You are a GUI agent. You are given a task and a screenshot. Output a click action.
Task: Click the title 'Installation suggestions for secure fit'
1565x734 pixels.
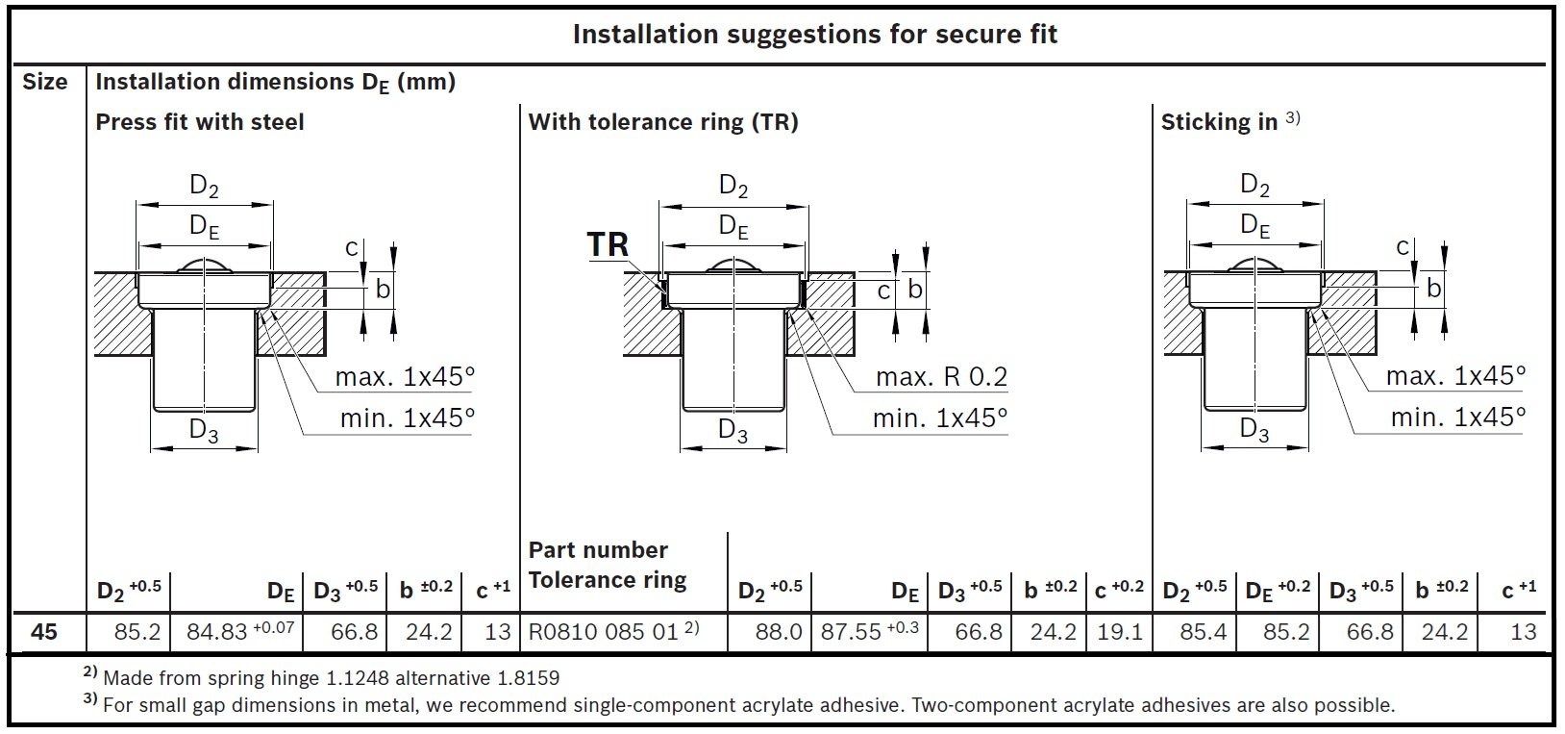(x=814, y=35)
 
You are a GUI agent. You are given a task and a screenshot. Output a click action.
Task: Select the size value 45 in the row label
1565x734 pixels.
(x=44, y=632)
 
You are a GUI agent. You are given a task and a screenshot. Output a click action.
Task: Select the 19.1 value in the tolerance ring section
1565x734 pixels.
(x=1119, y=632)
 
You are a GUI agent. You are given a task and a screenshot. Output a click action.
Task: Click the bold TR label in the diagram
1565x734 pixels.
(x=608, y=245)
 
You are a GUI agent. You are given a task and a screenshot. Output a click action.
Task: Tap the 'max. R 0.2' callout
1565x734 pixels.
(x=941, y=377)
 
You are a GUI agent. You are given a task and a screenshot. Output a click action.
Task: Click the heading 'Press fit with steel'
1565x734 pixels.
(x=200, y=122)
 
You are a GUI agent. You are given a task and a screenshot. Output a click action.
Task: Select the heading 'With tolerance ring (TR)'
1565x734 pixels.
(x=663, y=122)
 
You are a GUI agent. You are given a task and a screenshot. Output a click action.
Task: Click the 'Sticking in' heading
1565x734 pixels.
(x=1219, y=122)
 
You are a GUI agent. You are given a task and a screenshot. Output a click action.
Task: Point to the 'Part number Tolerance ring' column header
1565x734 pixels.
(x=608, y=565)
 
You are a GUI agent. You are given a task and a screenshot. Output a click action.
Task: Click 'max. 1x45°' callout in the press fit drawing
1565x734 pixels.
(x=405, y=376)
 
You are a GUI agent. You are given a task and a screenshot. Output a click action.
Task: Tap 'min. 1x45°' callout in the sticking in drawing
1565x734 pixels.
(x=1457, y=418)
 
